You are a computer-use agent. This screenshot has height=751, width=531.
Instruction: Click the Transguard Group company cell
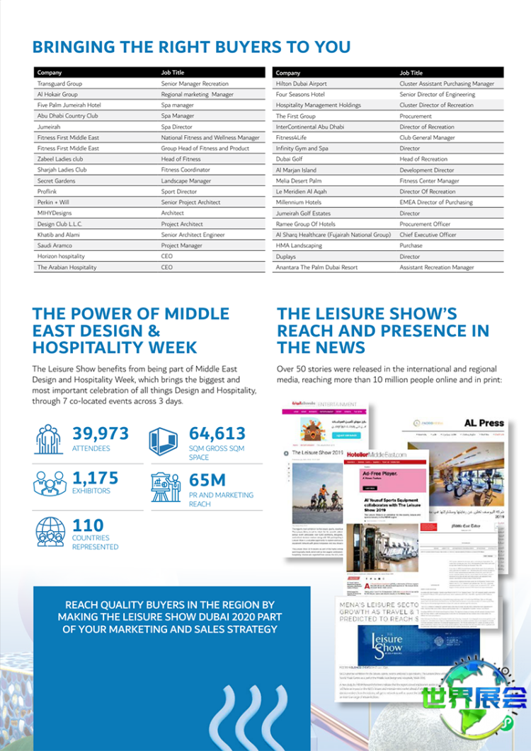coord(59,83)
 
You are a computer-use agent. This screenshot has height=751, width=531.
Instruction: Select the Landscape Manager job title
coord(186,181)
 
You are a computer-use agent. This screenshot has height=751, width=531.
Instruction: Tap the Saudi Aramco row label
coord(55,245)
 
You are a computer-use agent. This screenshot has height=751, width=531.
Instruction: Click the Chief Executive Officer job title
coord(428,235)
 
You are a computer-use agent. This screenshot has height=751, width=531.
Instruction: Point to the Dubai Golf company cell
coord(290,159)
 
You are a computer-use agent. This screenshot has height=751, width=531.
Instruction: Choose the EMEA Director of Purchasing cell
coord(436,202)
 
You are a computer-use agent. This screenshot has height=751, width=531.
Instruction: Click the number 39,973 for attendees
coord(101,433)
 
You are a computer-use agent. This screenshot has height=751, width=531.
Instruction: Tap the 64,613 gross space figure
coord(217,433)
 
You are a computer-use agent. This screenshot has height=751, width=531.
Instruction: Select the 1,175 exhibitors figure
coord(96,478)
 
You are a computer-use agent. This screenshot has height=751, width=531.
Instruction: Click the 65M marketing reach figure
coord(207,480)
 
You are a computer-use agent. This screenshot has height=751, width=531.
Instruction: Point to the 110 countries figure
coord(88,525)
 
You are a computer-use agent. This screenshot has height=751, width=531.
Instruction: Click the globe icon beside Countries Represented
coord(50,532)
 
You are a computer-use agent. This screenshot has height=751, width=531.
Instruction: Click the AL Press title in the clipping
coord(484,423)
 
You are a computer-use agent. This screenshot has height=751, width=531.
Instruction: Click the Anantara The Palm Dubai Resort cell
coord(316,267)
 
